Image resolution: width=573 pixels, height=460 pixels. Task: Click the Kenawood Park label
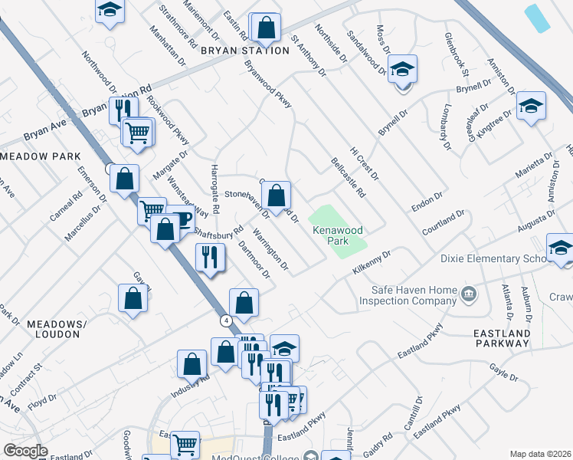click(x=336, y=235)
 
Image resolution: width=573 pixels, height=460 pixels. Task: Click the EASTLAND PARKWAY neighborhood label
click(x=502, y=338)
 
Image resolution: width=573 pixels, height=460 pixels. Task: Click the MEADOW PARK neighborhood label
click(x=40, y=156)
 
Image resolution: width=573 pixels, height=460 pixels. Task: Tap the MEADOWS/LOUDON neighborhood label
click(x=54, y=329)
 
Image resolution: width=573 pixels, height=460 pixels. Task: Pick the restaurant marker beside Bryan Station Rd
click(x=123, y=110)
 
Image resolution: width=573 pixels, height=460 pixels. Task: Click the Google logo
click(x=25, y=451)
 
